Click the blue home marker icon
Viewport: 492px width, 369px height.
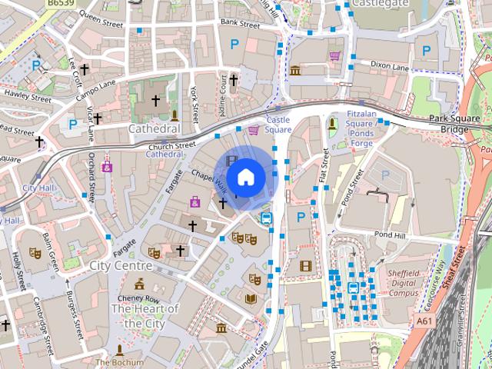(245, 177)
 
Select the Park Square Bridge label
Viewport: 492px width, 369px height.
(449, 124)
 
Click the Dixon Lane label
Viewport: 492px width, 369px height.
(390, 67)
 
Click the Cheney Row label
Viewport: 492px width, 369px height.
(139, 299)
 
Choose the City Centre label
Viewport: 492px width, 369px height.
(121, 265)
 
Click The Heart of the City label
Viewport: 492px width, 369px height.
(145, 316)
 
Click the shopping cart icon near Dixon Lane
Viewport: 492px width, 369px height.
(334, 55)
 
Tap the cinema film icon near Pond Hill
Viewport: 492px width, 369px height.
(306, 266)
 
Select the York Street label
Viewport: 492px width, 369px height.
(195, 105)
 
